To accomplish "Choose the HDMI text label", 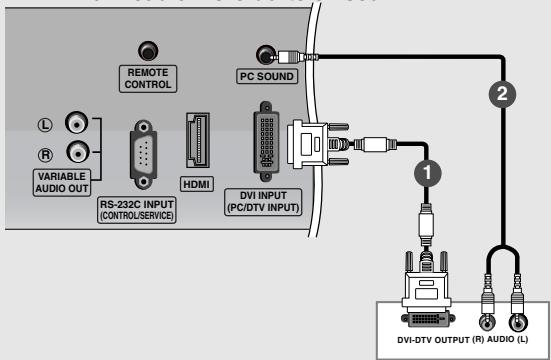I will pos(196,184).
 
